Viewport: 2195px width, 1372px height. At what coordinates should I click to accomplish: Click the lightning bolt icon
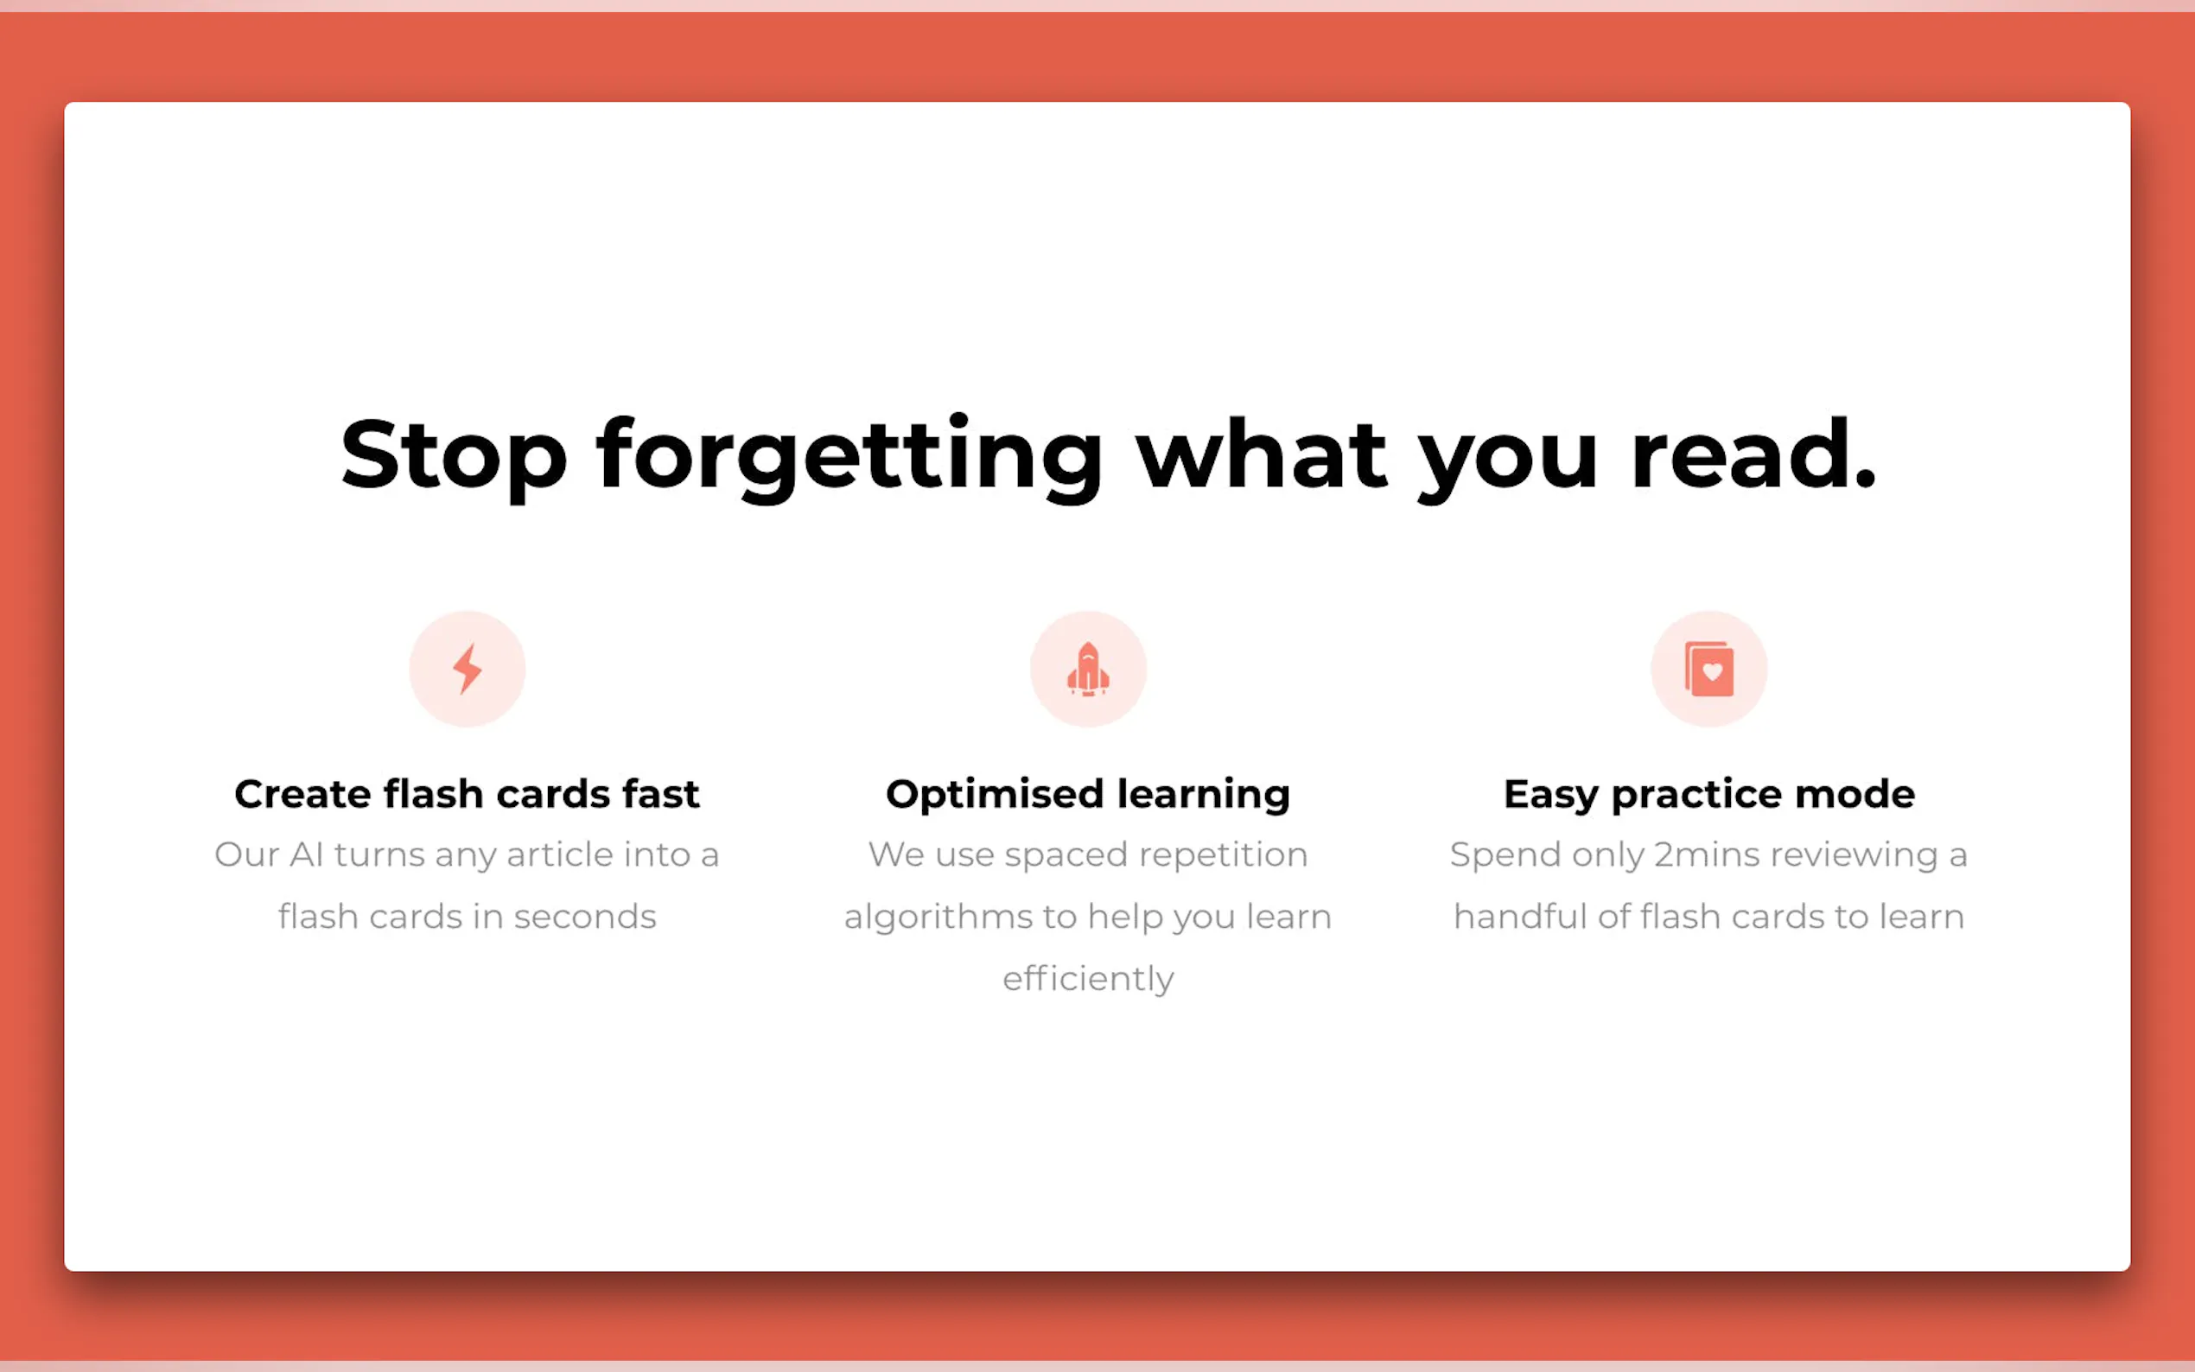(x=468, y=669)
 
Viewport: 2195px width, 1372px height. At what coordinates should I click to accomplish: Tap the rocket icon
(x=1088, y=669)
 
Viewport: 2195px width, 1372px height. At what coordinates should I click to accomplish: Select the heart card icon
(x=1708, y=669)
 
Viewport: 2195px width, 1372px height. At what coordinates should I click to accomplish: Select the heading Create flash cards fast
(x=468, y=794)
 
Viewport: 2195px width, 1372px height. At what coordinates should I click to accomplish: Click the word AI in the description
(x=307, y=854)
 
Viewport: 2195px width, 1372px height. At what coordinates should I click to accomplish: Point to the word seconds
(x=585, y=918)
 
